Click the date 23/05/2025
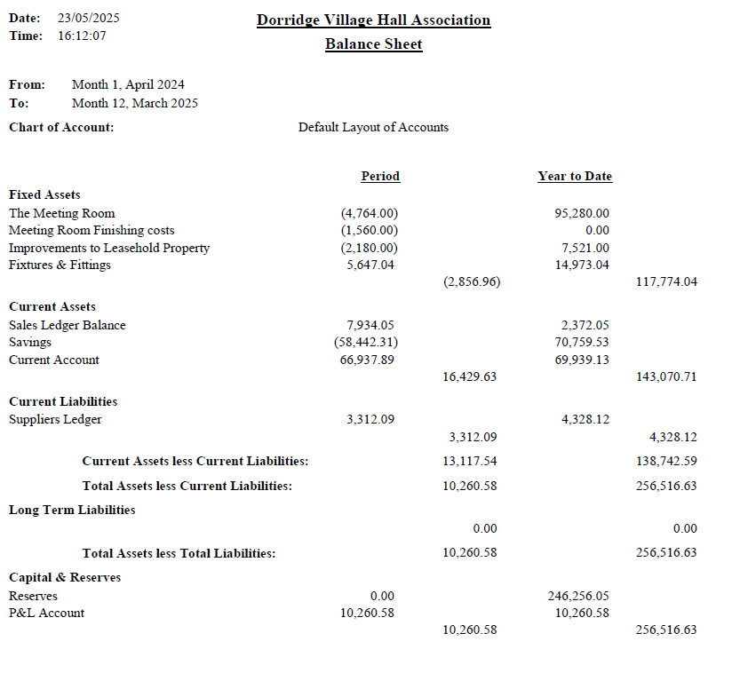tap(88, 18)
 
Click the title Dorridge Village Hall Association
tap(373, 20)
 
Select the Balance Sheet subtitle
tap(373, 44)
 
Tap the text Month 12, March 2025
tap(135, 103)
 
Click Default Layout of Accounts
tap(373, 127)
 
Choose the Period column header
tap(380, 176)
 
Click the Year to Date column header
tap(575, 176)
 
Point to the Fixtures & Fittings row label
tap(60, 265)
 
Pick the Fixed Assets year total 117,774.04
tap(666, 281)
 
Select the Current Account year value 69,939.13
tap(582, 360)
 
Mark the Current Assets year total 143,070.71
tap(666, 376)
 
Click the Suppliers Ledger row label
tap(55, 419)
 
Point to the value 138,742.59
tap(666, 461)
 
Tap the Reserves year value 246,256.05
tap(578, 596)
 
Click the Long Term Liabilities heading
tap(72, 510)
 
